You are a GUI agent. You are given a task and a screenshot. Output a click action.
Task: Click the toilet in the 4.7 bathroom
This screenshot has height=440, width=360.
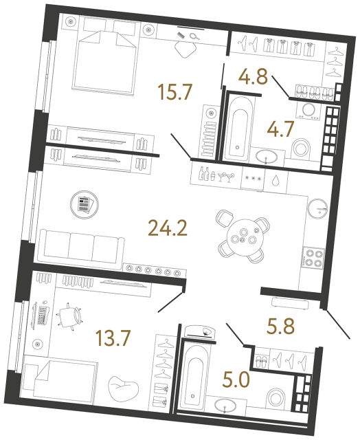pyautogui.click(x=301, y=147)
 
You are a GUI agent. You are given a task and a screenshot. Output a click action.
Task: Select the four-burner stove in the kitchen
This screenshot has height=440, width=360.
pyautogui.click(x=314, y=259)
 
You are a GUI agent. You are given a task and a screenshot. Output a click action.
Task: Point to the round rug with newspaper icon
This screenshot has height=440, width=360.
pyautogui.click(x=85, y=204)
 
